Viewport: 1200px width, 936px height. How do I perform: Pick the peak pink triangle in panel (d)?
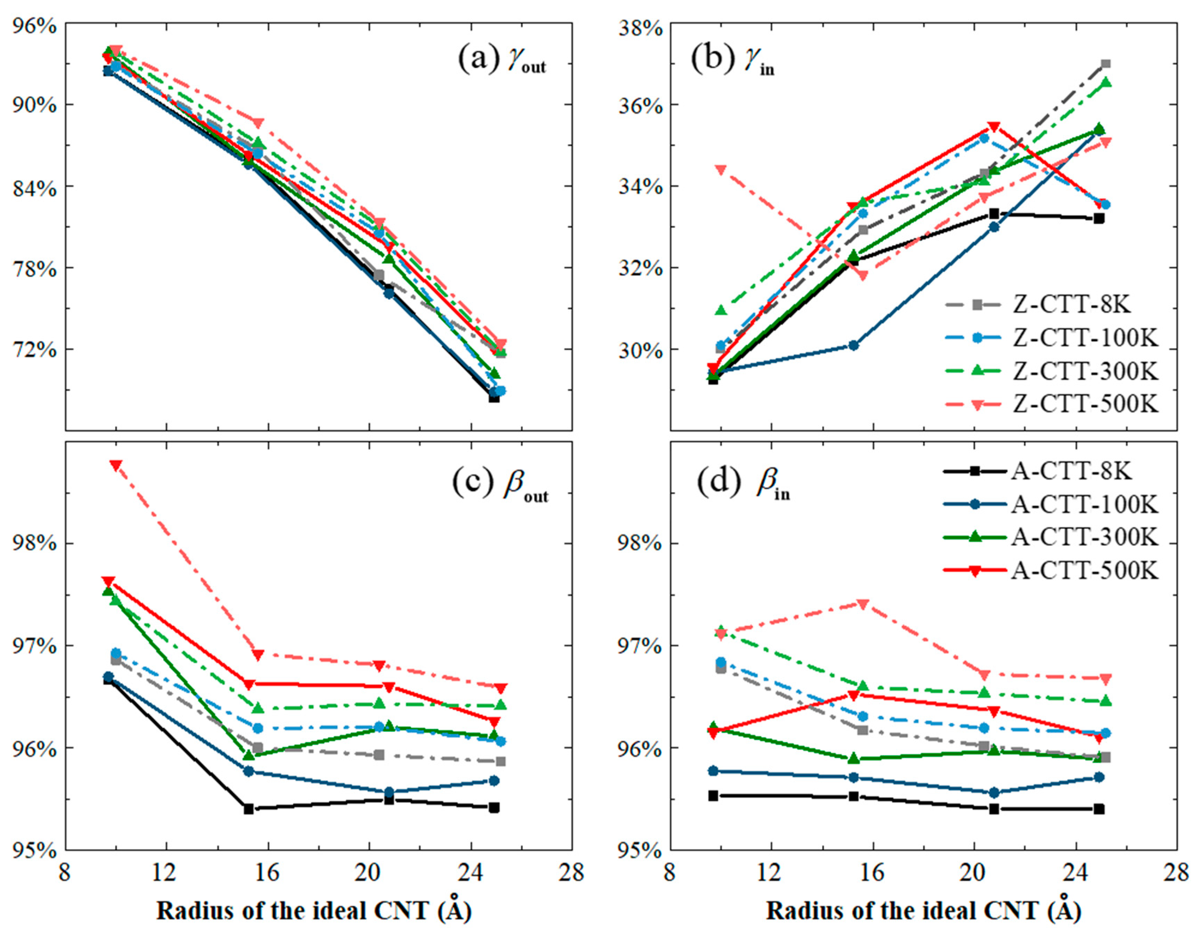tap(863, 604)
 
